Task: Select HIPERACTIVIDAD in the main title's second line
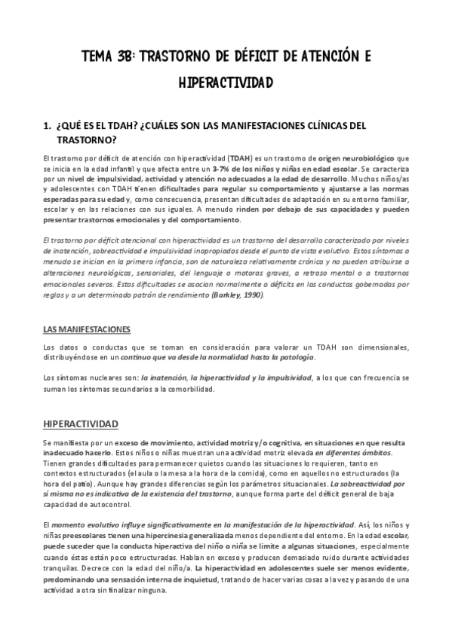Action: [x=226, y=81]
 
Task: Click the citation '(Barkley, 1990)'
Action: [x=239, y=297]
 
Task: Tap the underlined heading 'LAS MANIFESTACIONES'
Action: [x=86, y=329]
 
